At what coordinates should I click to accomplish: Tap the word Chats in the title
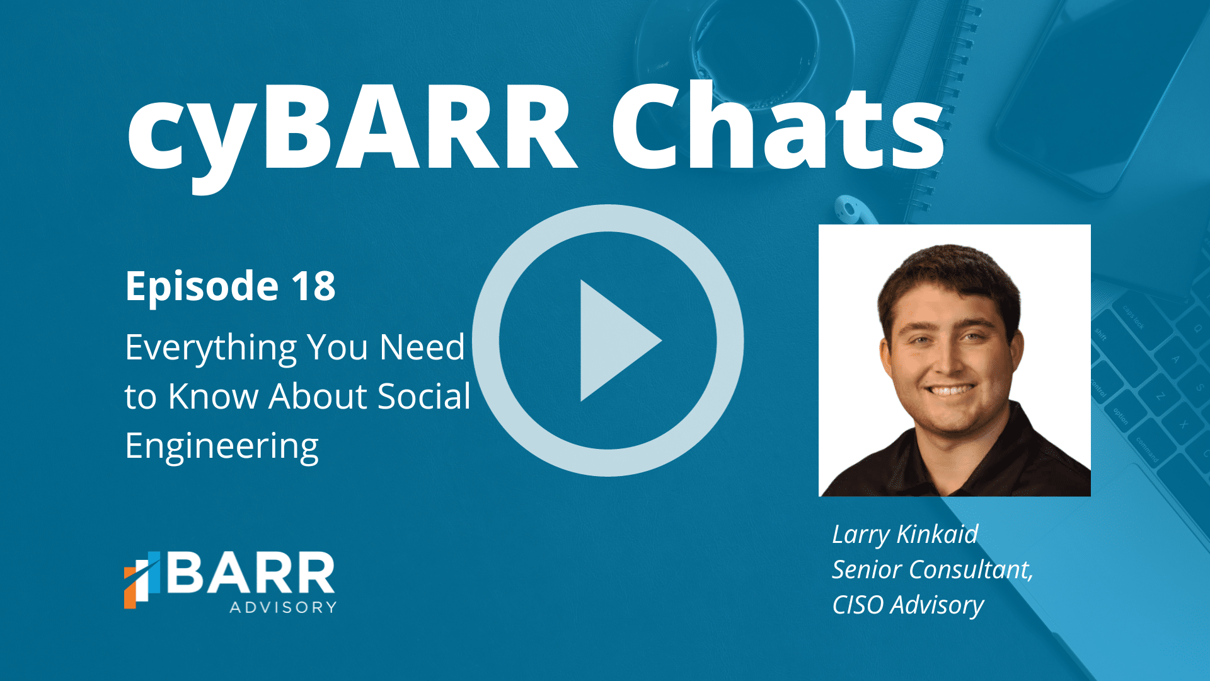778,126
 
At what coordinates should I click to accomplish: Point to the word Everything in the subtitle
210,349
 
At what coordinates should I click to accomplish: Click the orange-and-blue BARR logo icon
142,580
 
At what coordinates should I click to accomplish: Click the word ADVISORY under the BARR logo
283,607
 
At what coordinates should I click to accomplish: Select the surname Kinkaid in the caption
937,534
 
